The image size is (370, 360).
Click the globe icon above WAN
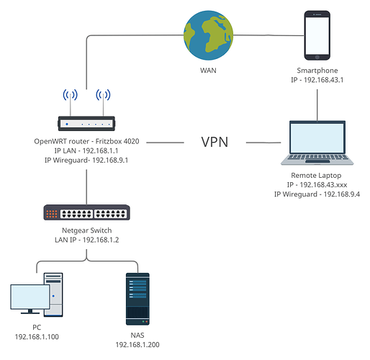pyautogui.click(x=208, y=35)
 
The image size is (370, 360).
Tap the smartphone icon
pyautogui.click(x=317, y=35)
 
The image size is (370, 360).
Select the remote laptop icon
pyautogui.click(x=317, y=143)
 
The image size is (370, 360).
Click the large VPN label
pyautogui.click(x=215, y=142)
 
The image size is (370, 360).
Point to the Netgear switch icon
pyautogui.click(x=86, y=212)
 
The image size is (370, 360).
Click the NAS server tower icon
pyautogui.click(x=137, y=299)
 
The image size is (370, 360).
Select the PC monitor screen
pyautogui.click(x=30, y=297)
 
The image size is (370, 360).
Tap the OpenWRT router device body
pyautogui.click(x=86, y=124)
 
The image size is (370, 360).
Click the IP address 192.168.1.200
pyautogui.click(x=137, y=345)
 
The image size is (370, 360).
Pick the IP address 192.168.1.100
pyautogui.click(x=37, y=337)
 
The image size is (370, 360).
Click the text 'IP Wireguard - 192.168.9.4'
pyautogui.click(x=317, y=194)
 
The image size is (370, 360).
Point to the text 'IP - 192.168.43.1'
pyautogui.click(x=317, y=80)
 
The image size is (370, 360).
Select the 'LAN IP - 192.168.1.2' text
pyautogui.click(x=86, y=240)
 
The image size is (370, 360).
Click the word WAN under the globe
pyautogui.click(x=208, y=71)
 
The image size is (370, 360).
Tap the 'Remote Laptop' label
pyautogui.click(x=316, y=176)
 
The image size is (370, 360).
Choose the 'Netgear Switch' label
pyautogui.click(x=86, y=230)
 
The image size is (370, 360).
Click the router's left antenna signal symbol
pyautogui.click(x=71, y=95)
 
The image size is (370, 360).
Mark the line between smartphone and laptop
pyautogui.click(x=317, y=105)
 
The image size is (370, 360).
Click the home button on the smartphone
pyautogui.click(x=317, y=58)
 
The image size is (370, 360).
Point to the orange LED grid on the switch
pyautogui.click(x=52, y=214)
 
